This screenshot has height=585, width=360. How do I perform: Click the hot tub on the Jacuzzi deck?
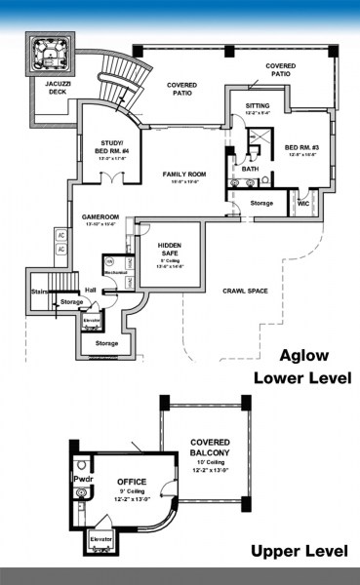pos(50,56)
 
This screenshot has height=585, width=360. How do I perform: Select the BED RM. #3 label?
pos(302,149)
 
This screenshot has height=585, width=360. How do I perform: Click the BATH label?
pos(251,169)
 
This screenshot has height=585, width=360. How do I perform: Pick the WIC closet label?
pos(302,203)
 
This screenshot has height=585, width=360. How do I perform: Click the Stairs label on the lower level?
pos(39,290)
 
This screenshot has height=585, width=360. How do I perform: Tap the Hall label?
pos(89,290)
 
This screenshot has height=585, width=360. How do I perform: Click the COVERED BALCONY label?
pos(210,447)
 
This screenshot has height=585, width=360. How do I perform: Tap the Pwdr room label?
pos(81,480)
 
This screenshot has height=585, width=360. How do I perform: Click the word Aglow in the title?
pos(305,356)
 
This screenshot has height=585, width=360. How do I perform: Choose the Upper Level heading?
pos(299,552)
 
